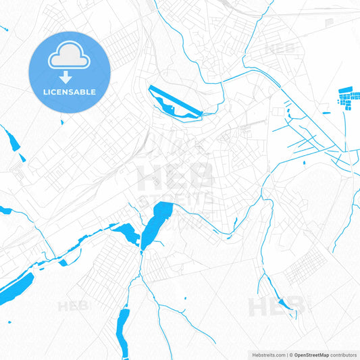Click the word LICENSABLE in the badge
click(x=70, y=92)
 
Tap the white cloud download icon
click(x=70, y=61)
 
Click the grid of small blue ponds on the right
click(x=349, y=99)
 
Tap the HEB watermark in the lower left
click(x=73, y=306)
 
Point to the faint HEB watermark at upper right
click(x=280, y=49)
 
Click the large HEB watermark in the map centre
click(x=174, y=176)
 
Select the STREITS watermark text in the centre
click(x=174, y=201)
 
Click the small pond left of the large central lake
click(x=126, y=233)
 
